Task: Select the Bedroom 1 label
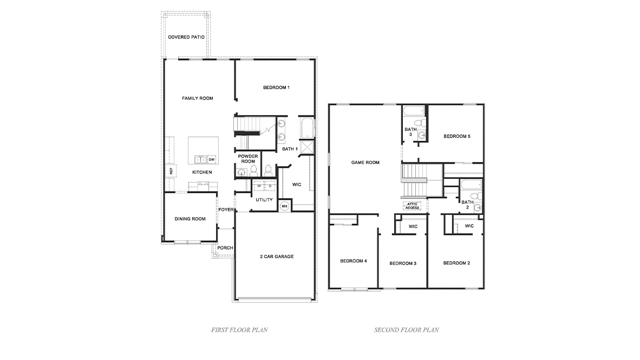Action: tap(276, 88)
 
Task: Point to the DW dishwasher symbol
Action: tap(212, 160)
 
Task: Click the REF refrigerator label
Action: tap(171, 172)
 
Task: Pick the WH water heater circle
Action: tap(284, 206)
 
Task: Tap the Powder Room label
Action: tap(248, 159)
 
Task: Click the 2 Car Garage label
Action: tap(276, 257)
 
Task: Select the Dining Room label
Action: tap(190, 219)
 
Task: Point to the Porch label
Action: tap(225, 248)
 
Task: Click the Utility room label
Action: tap(264, 200)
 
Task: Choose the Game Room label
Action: tap(365, 162)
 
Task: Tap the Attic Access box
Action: tap(412, 206)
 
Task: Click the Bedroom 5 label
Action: tap(456, 136)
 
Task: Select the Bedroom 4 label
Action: tap(354, 261)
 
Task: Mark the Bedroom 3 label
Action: tap(403, 264)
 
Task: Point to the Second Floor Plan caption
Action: tap(406, 329)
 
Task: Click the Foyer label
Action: tap(225, 210)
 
